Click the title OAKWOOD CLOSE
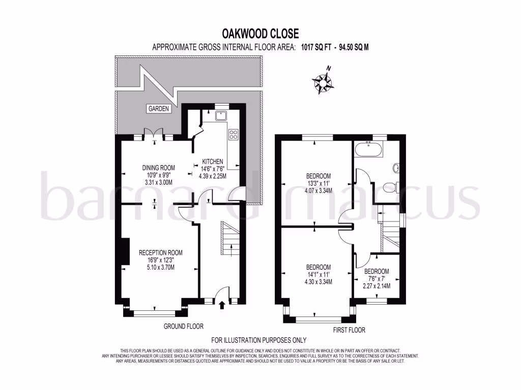pyautogui.click(x=260, y=34)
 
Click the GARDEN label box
pyautogui.click(x=158, y=109)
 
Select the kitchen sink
pyautogui.click(x=221, y=116)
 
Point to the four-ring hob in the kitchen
pyautogui.click(x=234, y=135)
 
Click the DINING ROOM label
pyautogui.click(x=158, y=168)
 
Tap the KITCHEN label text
pyautogui.click(x=212, y=161)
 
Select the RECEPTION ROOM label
pyautogui.click(x=161, y=253)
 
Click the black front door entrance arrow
pyautogui.click(x=221, y=305)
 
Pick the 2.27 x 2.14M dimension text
pyautogui.click(x=377, y=286)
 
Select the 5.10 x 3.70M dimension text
pyautogui.click(x=161, y=268)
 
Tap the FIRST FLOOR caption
pyautogui.click(x=349, y=330)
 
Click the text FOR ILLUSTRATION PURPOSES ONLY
pyautogui.click(x=258, y=340)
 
